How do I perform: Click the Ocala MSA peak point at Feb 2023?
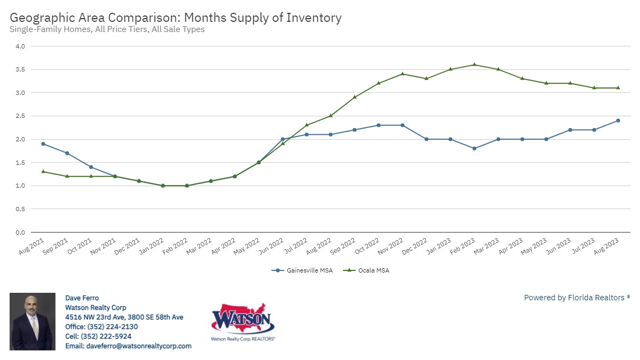click(x=474, y=65)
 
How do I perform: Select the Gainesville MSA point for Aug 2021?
click(x=43, y=144)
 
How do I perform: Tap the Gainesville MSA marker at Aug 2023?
click(x=618, y=121)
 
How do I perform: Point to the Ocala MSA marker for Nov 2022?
click(x=402, y=74)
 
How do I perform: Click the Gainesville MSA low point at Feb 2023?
click(x=474, y=148)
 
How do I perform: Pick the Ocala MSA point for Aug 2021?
click(x=43, y=172)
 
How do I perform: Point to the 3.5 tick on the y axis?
click(x=20, y=69)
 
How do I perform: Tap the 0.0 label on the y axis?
click(x=20, y=233)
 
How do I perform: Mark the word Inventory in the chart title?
click(x=314, y=18)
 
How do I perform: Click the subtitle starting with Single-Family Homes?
click(x=107, y=29)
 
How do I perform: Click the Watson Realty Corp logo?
click(x=243, y=322)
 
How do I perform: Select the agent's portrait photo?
click(x=33, y=322)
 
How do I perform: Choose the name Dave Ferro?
click(x=82, y=298)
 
